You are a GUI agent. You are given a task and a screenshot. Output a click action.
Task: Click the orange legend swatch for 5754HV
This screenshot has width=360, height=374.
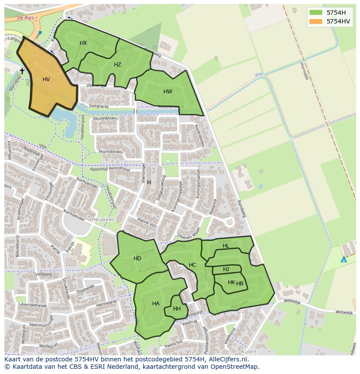click(x=316, y=21)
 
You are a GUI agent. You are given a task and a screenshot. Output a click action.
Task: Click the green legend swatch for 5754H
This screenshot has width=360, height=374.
click(x=316, y=12)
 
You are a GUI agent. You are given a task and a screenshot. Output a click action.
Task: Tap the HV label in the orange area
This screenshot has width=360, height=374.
click(x=46, y=79)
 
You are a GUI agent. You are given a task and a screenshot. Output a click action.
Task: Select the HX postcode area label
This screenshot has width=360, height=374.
click(x=83, y=43)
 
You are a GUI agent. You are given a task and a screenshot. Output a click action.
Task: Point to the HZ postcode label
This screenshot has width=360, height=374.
click(x=117, y=65)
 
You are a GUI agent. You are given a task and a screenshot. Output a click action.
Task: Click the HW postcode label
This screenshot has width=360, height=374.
click(x=168, y=92)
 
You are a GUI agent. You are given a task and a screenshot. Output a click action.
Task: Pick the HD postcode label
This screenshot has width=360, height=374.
click(x=137, y=258)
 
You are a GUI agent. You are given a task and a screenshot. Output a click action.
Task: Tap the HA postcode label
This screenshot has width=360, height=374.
click(x=156, y=304)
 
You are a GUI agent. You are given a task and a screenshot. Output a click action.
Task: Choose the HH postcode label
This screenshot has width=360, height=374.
click(x=177, y=309)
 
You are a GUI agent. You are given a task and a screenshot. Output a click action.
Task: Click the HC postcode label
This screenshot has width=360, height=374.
click(x=192, y=265)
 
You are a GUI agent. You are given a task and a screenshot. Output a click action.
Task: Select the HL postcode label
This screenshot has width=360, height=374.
click(x=226, y=246)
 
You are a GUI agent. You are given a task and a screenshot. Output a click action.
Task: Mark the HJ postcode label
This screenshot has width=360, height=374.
click(x=226, y=269)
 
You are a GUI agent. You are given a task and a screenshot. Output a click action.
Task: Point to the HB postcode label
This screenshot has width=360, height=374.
click(x=240, y=284)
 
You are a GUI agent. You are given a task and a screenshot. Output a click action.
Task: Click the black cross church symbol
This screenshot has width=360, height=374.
click(x=22, y=71)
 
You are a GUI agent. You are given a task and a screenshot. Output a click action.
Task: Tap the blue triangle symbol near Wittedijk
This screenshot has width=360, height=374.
click(x=343, y=259)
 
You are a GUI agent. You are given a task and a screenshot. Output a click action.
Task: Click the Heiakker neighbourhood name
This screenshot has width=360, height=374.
click(x=103, y=220)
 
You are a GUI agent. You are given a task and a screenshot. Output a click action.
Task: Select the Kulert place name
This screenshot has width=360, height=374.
click(x=249, y=351)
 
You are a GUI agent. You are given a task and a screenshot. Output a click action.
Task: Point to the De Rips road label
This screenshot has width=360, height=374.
click(x=26, y=18)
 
